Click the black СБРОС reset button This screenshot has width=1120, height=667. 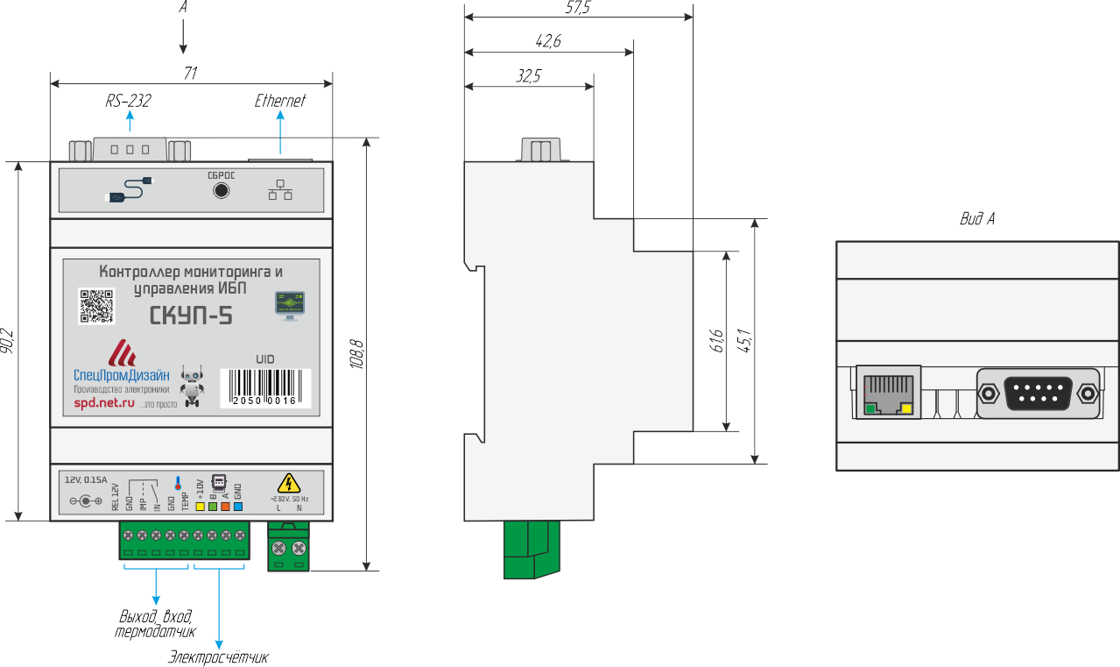222,190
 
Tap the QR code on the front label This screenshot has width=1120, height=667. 96,306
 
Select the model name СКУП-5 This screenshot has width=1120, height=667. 191,316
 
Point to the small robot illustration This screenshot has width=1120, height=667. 191,385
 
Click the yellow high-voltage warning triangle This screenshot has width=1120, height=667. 288,483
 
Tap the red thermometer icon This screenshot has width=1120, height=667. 178,483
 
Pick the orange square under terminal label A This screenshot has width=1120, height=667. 225,506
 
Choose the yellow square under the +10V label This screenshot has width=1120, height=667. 200,506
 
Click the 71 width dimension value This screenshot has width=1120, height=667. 189,75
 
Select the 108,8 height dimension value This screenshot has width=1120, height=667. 356,354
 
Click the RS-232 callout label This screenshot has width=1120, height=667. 128,102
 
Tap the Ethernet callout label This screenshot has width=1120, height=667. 280,102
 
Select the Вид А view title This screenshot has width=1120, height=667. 976,219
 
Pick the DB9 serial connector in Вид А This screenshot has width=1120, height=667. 1038,393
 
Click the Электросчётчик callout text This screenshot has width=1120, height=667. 218,657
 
